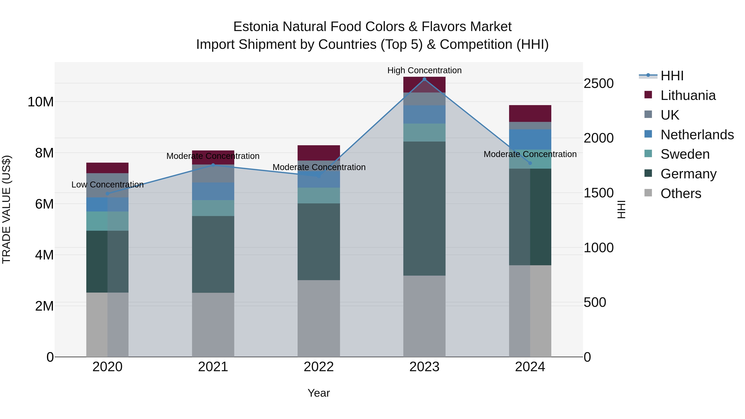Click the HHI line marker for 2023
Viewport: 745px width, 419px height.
click(424, 79)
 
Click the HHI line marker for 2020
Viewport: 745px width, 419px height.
click(107, 194)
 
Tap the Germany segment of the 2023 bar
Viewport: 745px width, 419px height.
click(424, 208)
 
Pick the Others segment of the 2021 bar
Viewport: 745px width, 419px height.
click(213, 324)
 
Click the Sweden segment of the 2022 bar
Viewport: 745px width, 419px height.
click(319, 196)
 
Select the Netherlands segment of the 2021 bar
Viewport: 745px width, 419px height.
click(213, 191)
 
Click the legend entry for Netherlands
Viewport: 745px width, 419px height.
click(697, 135)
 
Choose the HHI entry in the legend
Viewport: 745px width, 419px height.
click(672, 76)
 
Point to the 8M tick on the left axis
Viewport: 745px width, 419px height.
click(44, 153)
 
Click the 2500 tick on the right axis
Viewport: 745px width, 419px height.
click(598, 84)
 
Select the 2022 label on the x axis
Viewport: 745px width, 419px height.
click(319, 367)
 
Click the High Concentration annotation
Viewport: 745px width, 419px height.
click(424, 70)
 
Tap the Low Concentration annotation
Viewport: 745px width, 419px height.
click(107, 185)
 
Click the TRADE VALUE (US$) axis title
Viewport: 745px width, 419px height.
click(6, 209)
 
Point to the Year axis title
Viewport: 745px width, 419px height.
click(319, 393)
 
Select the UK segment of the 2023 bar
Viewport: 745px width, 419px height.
click(424, 99)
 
